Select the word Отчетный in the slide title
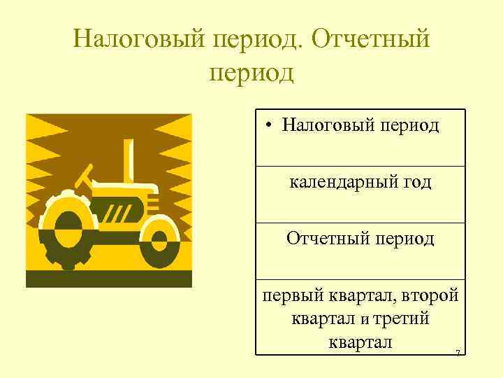point(370,39)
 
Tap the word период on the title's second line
point(251,73)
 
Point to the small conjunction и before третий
point(364,321)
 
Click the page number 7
point(457,353)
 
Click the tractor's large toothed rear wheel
point(68,228)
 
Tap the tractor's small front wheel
point(159,240)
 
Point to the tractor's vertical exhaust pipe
point(129,160)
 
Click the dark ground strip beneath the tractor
point(108,279)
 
